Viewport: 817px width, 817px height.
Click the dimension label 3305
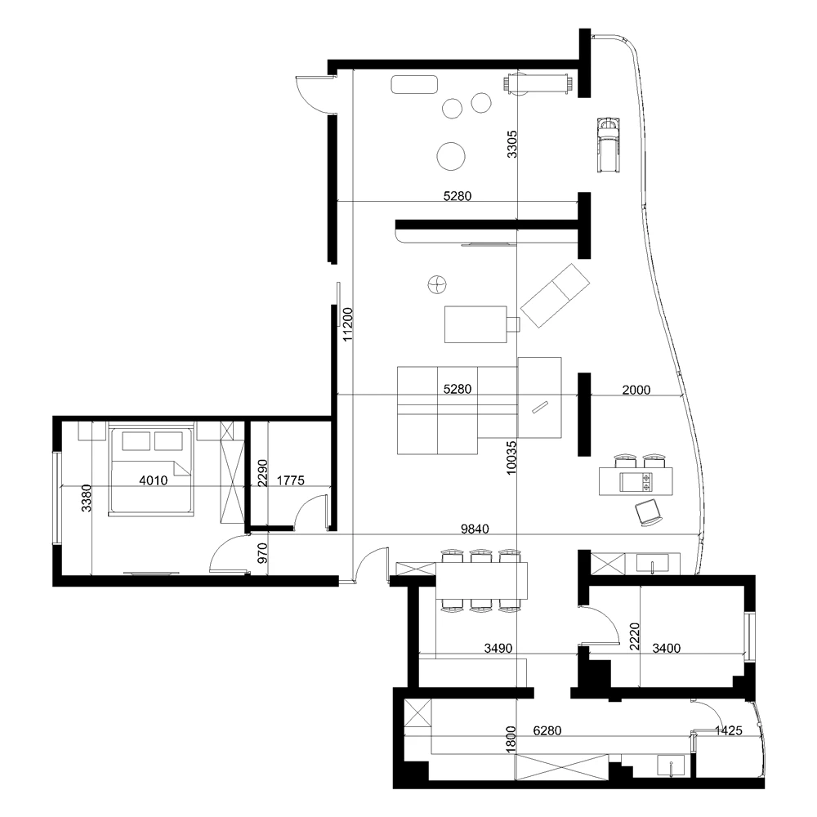512,144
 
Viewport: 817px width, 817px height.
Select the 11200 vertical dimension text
347,323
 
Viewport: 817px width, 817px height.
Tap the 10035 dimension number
512,458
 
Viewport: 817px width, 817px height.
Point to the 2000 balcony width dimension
636,391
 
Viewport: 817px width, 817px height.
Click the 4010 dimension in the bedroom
154,481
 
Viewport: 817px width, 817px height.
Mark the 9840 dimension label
475,529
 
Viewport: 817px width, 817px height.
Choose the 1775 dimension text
290,481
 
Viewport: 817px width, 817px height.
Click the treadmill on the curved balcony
608,143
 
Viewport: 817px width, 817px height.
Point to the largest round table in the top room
451,155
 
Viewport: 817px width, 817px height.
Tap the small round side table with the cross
438,284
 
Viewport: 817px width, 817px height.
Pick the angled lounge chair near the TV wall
556,294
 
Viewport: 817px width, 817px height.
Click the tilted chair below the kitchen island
650,512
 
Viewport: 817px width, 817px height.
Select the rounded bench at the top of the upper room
415,85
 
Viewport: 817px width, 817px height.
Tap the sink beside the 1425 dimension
672,766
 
